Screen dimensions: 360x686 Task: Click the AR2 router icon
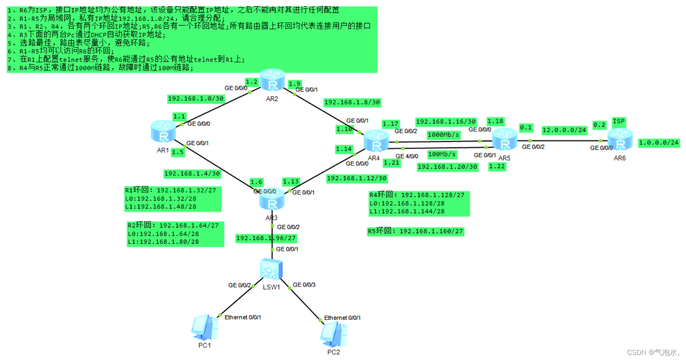coord(272,80)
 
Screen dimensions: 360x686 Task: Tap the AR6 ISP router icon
coord(620,139)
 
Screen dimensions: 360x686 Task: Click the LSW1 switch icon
coord(271,269)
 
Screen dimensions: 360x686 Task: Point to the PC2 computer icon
coord(334,334)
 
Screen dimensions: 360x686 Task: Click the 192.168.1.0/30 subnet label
coord(196,99)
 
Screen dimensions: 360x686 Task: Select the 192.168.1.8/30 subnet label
coord(352,102)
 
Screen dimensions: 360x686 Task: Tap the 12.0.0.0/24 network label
coord(564,130)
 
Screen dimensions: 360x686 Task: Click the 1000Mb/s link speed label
coord(443,135)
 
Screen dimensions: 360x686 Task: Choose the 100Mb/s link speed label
coord(442,154)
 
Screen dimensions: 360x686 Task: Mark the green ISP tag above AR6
coord(618,121)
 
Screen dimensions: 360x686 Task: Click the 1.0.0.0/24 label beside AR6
coord(658,143)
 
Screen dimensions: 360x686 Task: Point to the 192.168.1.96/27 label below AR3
coord(266,238)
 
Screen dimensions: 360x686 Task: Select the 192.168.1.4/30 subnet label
coord(192,173)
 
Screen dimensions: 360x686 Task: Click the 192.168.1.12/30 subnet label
coord(357,178)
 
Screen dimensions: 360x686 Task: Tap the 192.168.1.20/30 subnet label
coord(447,167)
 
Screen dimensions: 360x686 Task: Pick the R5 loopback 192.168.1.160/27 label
coord(415,231)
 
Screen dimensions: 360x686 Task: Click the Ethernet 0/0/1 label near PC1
coord(243,317)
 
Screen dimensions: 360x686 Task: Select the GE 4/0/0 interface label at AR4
coord(407,156)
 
